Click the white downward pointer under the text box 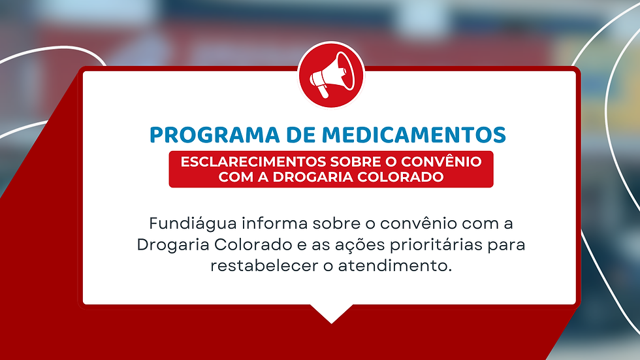coord(332,313)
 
